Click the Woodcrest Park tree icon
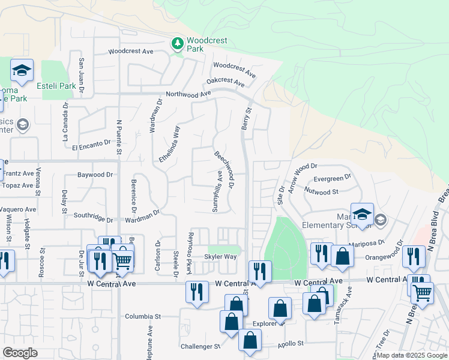tap(177, 44)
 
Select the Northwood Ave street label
tap(188, 94)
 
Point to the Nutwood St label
tap(322, 192)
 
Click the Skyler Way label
tap(220, 257)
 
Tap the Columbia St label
tap(143, 316)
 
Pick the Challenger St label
tap(200, 346)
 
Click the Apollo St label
tap(291, 344)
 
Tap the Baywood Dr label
tap(95, 175)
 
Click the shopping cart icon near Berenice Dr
tap(122, 259)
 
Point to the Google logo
tap(20, 353)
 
